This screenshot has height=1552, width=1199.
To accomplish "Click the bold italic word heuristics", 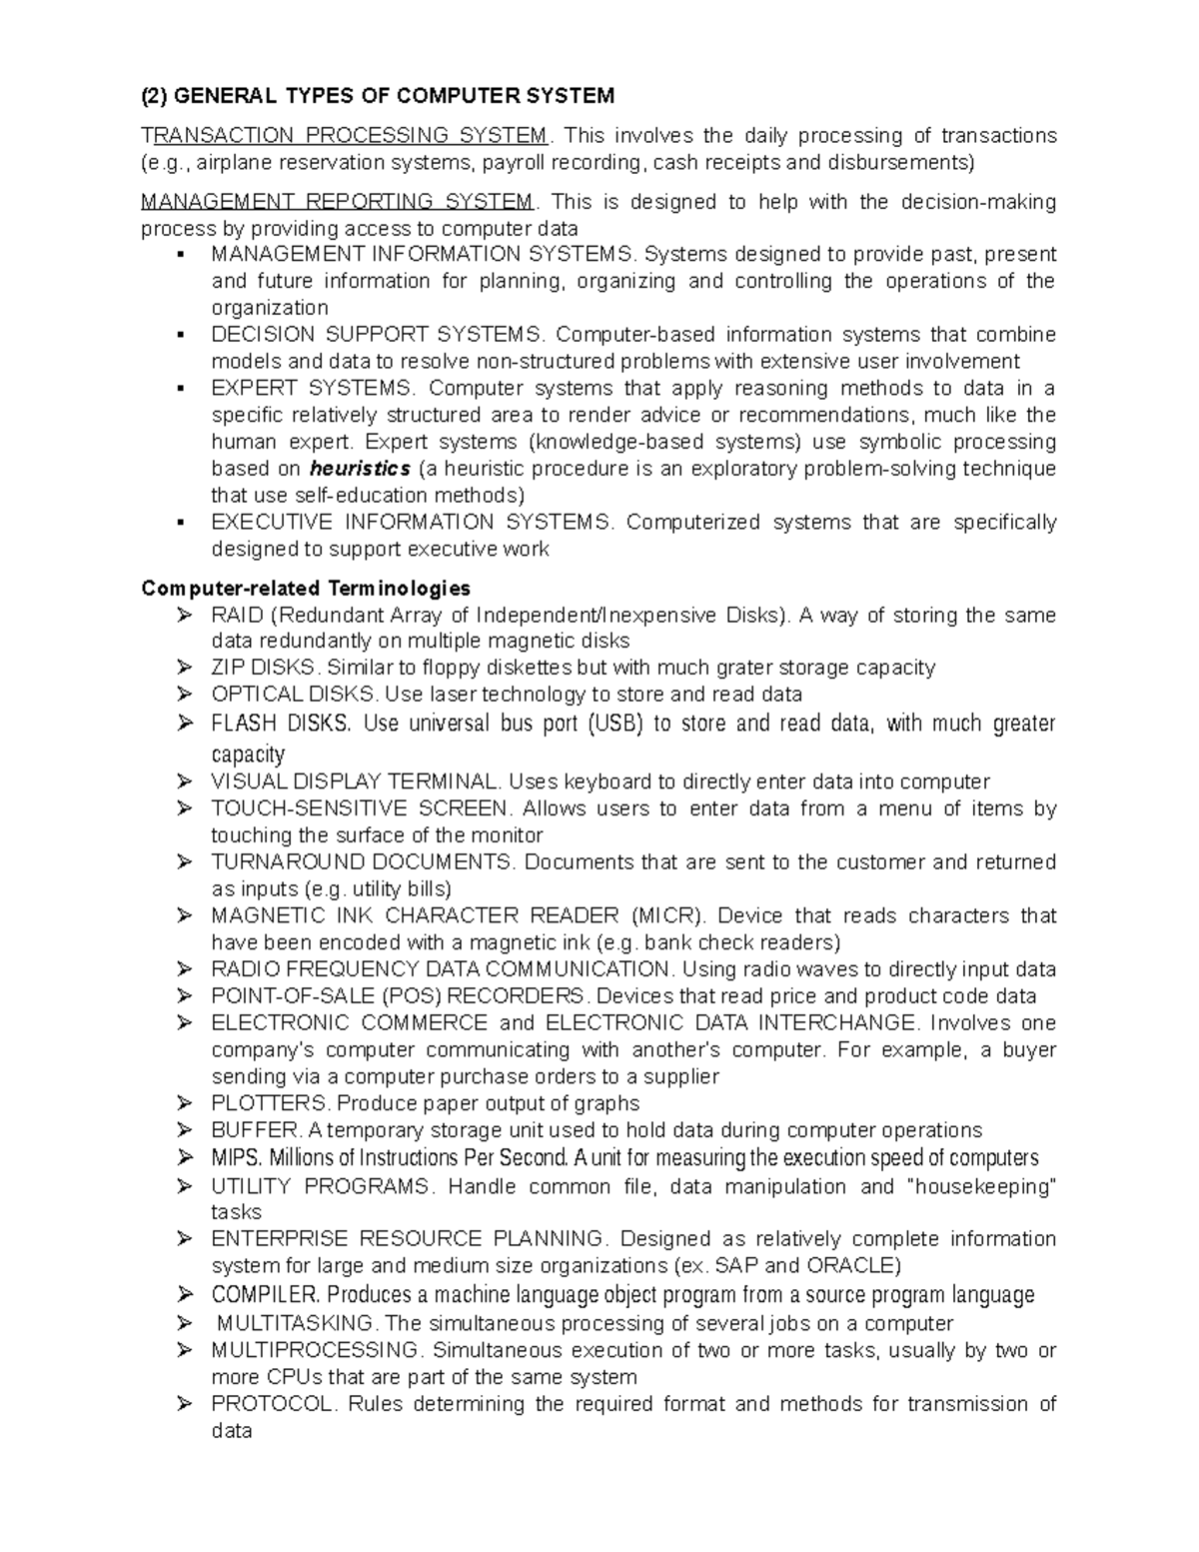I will [x=361, y=469].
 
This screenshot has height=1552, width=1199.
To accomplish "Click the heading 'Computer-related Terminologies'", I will [x=306, y=588].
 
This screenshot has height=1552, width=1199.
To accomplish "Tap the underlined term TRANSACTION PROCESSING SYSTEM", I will [x=345, y=135].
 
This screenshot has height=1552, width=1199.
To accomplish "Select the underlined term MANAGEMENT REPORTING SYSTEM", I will [x=338, y=202].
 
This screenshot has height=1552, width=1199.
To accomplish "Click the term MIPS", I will [x=236, y=1158].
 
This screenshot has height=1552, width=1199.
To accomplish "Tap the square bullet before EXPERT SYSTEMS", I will [x=181, y=389].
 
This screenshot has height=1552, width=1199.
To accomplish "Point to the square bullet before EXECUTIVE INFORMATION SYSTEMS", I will [x=181, y=523].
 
